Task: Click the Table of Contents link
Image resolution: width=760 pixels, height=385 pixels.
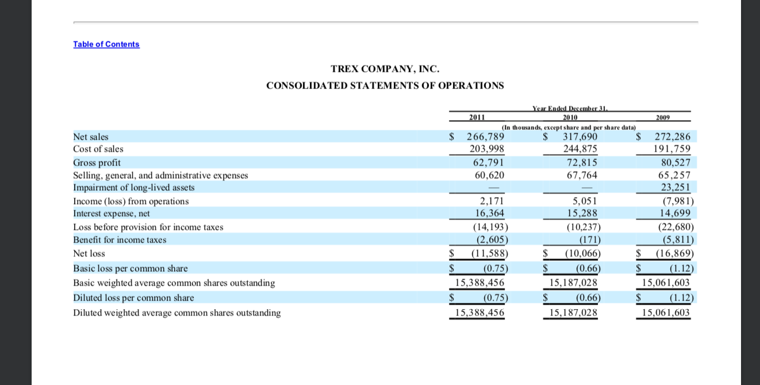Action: [x=106, y=44]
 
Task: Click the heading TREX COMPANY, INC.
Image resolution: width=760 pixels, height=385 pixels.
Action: [x=385, y=69]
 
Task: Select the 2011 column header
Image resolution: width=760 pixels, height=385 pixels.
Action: [x=477, y=118]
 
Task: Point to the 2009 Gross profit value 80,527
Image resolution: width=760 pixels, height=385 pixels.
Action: [x=672, y=163]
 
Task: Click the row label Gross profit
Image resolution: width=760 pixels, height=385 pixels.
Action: [x=97, y=163]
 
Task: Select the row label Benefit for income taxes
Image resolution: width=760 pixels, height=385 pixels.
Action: [x=120, y=240]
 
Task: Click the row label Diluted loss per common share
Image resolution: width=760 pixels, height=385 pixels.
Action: [x=133, y=298]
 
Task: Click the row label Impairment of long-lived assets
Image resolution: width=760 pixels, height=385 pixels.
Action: [x=134, y=188]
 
